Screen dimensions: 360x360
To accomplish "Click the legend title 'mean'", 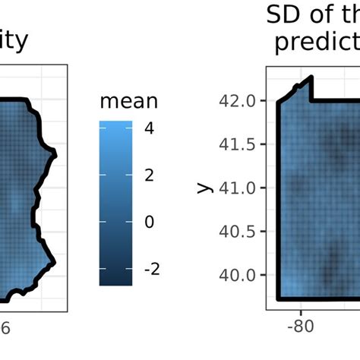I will (128, 101).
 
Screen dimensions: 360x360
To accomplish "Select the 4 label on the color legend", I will (149, 129).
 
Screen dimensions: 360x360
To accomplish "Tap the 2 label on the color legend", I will (149, 175).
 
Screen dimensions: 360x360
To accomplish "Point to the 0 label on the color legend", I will (149, 222).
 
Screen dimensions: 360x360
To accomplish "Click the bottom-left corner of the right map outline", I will (279, 297).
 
